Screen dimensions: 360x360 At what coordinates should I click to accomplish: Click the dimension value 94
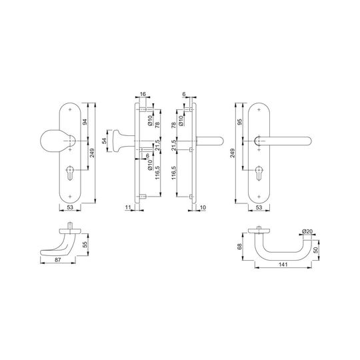point(85,122)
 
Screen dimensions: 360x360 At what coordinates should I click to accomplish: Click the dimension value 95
point(240,122)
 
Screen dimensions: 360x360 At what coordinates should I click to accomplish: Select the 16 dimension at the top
point(143,94)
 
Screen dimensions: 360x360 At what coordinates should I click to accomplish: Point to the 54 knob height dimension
point(104,141)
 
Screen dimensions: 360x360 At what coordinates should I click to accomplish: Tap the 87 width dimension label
point(58,260)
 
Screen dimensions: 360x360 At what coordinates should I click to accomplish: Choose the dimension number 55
point(85,244)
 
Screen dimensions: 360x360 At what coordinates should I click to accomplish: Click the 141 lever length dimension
point(283,265)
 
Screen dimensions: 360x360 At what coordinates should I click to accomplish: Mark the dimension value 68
point(239,247)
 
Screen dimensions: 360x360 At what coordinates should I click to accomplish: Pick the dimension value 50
point(316,250)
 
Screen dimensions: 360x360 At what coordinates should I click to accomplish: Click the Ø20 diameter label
point(307,231)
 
